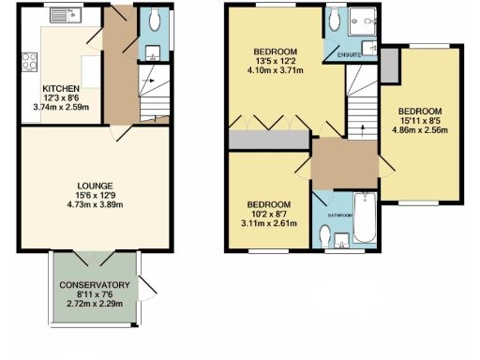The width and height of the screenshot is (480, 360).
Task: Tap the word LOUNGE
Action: (x=89, y=185)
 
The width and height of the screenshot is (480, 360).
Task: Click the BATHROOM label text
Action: (x=339, y=215)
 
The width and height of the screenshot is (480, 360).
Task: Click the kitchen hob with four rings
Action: (x=27, y=64)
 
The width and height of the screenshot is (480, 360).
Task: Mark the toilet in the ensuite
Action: (x=333, y=16)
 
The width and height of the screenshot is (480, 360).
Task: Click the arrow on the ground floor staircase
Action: (x=146, y=82)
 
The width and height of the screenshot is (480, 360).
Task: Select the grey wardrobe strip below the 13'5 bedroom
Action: (x=270, y=140)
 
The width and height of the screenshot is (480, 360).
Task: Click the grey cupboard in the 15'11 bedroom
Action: (x=388, y=65)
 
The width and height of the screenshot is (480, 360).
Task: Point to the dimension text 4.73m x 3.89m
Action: (x=89, y=205)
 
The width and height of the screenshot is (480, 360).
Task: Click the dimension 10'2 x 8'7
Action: (x=268, y=214)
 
